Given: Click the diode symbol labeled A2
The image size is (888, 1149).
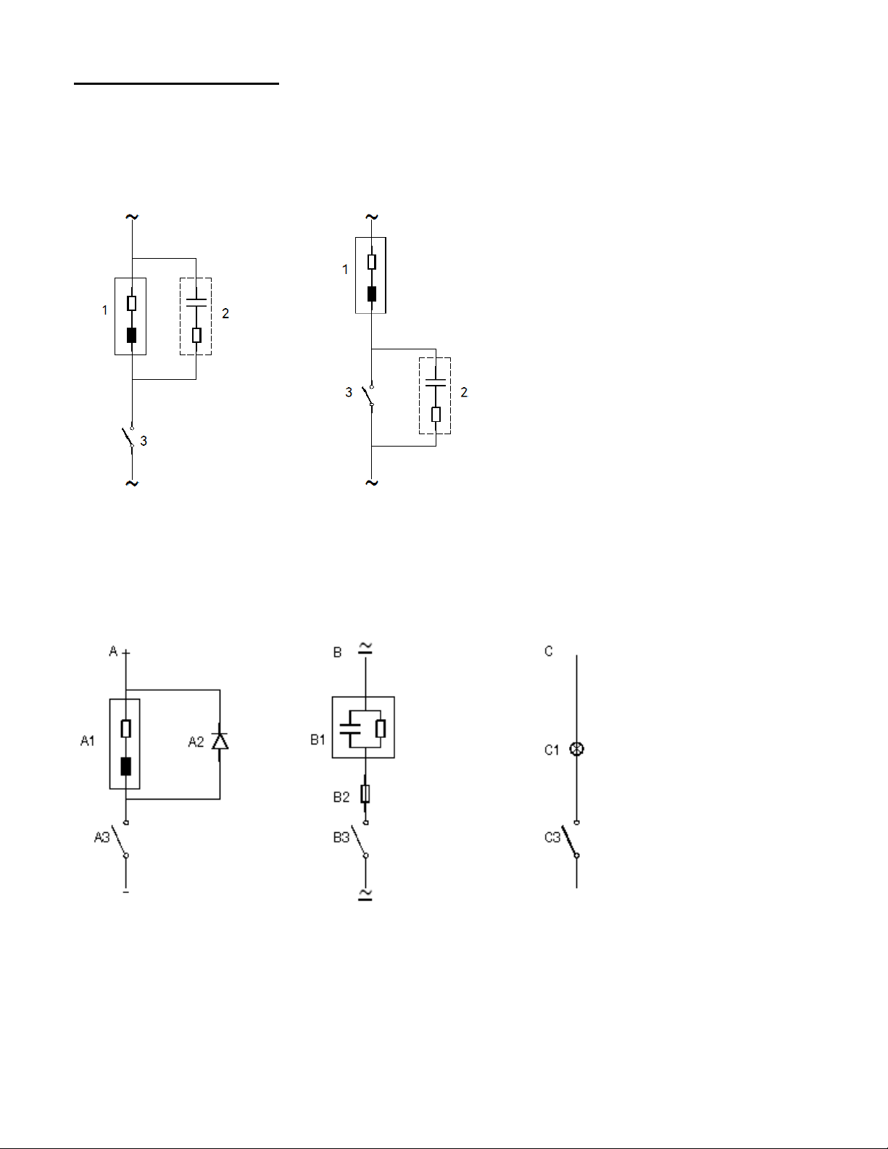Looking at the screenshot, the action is click(220, 741).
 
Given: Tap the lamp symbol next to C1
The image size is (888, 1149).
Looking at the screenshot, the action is click(577, 749).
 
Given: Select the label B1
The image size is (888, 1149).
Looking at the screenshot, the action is click(318, 739).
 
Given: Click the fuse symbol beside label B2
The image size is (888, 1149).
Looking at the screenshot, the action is click(365, 794).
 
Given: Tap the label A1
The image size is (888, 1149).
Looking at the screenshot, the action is click(87, 741).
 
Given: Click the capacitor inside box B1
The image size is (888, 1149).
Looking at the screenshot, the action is click(349, 728).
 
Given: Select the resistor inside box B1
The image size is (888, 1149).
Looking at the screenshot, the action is click(381, 728).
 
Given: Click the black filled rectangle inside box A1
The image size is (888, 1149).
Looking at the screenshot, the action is click(126, 766).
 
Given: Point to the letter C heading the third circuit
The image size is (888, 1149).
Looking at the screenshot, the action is click(549, 651).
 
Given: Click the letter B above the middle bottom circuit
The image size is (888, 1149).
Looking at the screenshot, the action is click(337, 652).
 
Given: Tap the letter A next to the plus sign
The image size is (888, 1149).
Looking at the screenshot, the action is click(113, 651).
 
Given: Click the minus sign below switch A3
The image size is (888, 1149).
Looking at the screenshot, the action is click(126, 892).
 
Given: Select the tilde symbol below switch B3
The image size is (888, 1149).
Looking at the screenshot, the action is click(365, 894).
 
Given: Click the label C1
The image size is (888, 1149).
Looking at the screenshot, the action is click(552, 750).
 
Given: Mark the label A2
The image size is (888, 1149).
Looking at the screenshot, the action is click(196, 742).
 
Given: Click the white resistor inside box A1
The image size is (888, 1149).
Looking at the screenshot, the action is click(126, 728).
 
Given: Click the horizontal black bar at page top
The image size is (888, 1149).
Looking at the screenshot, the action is click(176, 83).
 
